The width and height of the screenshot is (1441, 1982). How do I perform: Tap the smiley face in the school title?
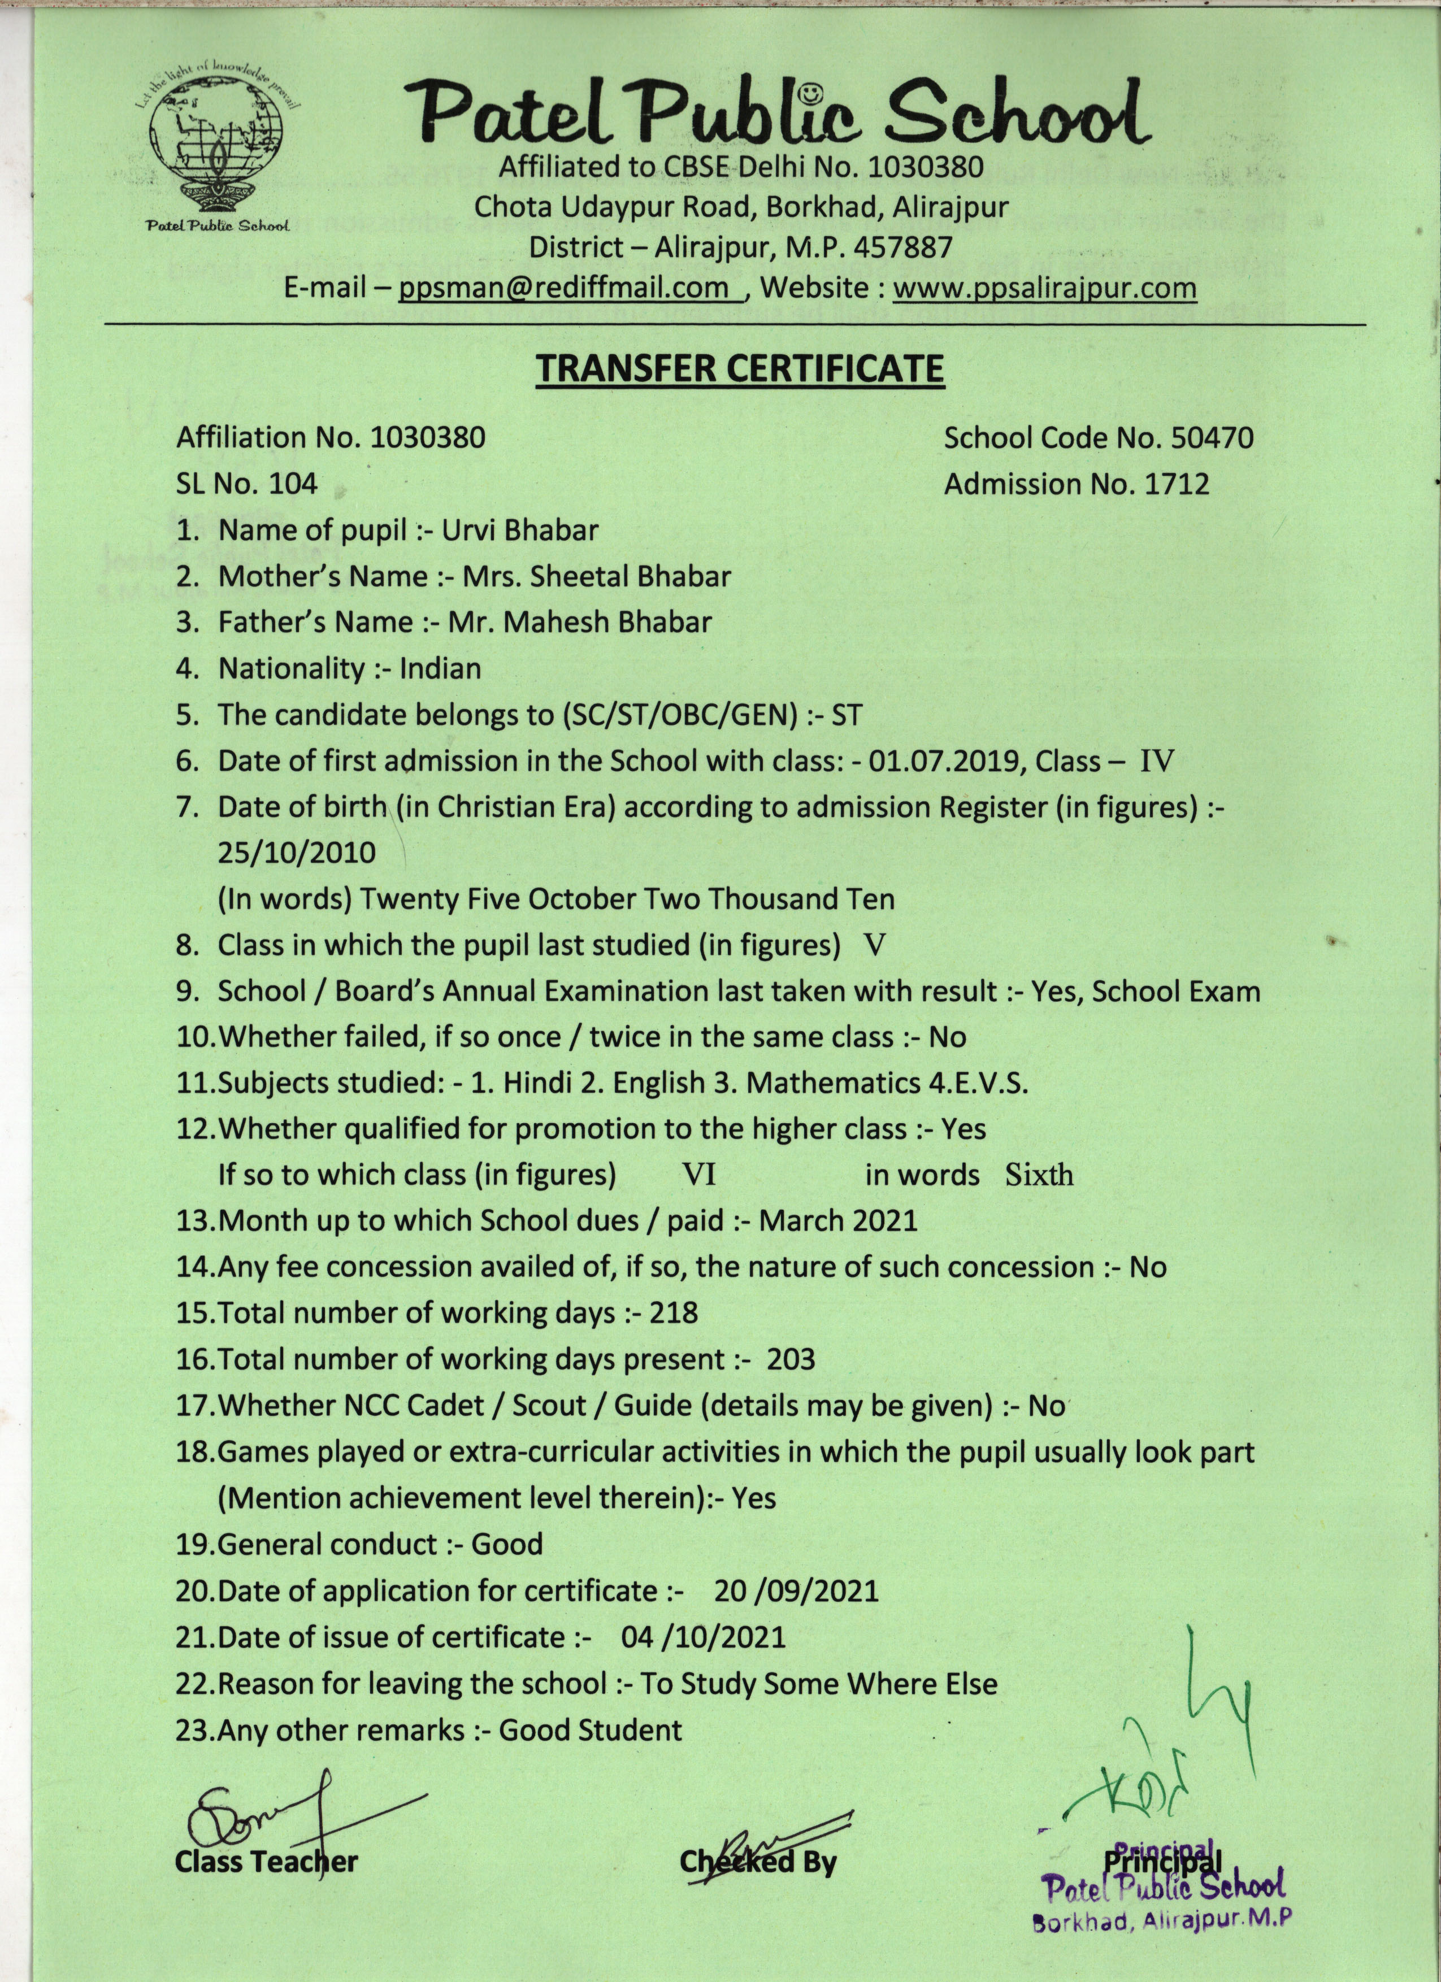pos(812,92)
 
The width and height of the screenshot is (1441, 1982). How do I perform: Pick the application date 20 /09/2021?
pos(795,1590)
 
